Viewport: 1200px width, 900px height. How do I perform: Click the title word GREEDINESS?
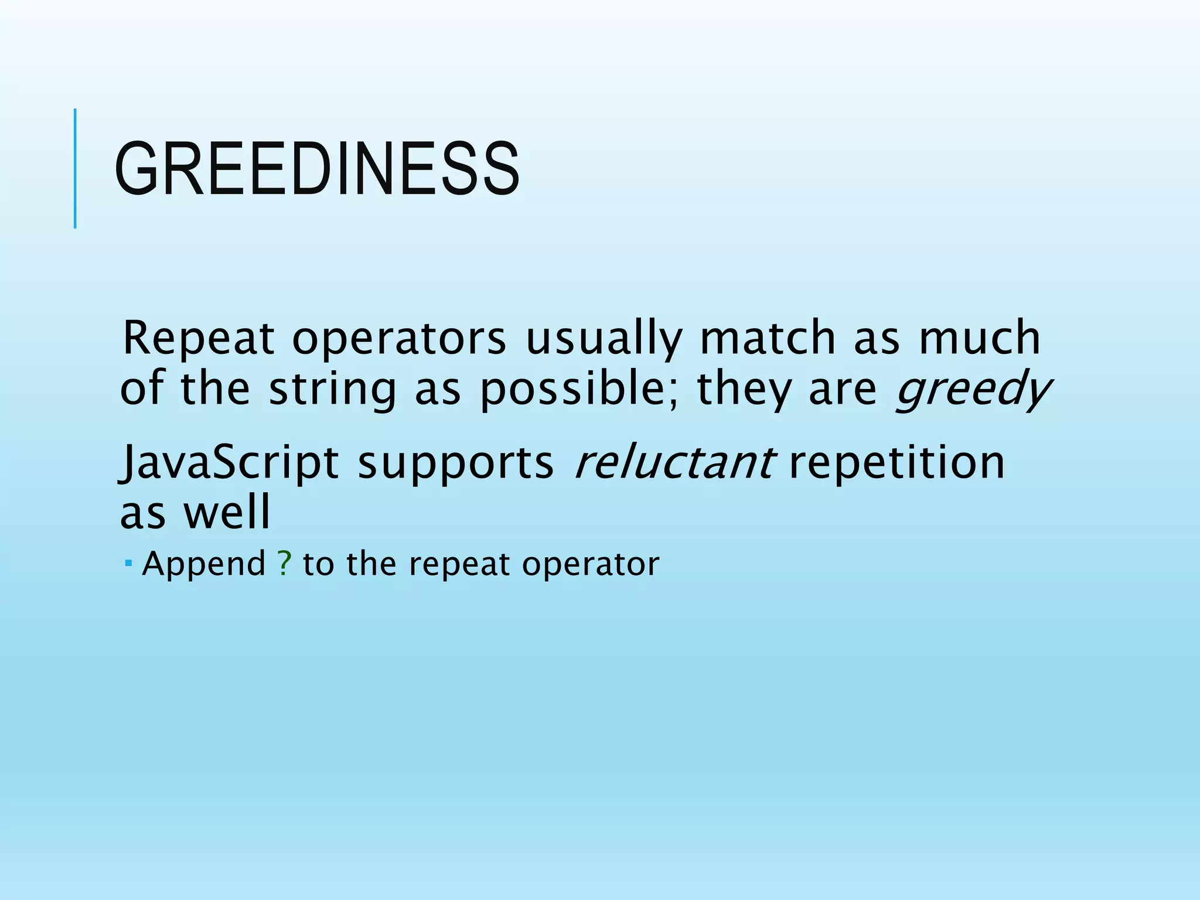(317, 169)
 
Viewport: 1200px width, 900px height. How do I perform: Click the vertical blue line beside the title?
(75, 168)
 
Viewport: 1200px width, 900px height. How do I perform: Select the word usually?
(603, 339)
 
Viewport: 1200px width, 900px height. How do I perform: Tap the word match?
(768, 338)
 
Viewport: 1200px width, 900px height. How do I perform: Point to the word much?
(979, 338)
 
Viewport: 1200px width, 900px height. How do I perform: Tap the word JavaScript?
(229, 463)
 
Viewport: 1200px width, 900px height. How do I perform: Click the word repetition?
(896, 463)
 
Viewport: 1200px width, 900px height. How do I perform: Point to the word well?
(227, 512)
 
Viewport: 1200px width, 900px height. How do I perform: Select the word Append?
(204, 565)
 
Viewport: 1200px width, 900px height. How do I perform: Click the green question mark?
(284, 564)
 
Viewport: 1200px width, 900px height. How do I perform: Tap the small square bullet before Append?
(128, 563)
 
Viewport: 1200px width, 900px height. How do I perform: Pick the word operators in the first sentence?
(398, 339)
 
